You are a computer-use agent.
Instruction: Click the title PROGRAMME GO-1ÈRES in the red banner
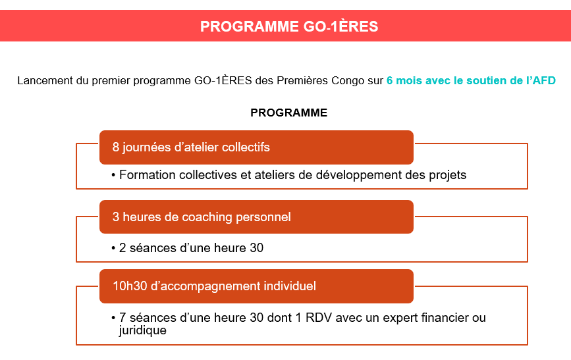[x=289, y=26]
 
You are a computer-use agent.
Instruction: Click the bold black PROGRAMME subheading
[x=288, y=113]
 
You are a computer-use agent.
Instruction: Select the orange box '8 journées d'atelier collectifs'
[x=256, y=147]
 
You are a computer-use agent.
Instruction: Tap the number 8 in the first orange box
[x=116, y=147]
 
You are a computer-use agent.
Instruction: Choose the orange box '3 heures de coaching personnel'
[x=256, y=217]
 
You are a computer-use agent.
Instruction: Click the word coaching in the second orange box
[x=207, y=217]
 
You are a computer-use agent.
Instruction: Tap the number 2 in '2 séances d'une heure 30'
[x=122, y=248]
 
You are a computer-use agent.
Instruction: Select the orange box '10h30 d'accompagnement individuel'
[x=256, y=286]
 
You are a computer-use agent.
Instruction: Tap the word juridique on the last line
[x=143, y=330]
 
